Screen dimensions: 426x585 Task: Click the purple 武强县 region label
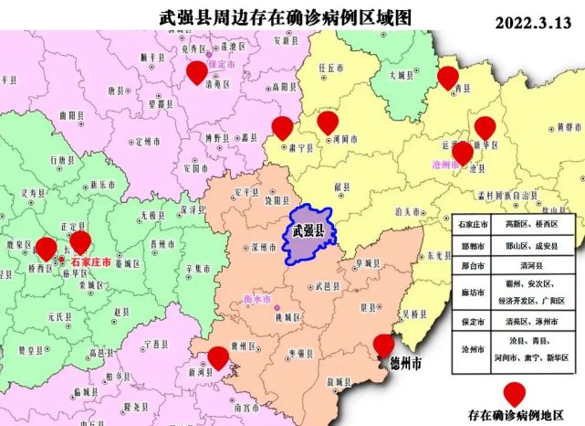click(308, 230)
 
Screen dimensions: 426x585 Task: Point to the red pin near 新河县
click(217, 357)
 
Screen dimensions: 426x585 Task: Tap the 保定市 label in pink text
click(222, 66)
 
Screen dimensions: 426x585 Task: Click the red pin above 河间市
click(328, 122)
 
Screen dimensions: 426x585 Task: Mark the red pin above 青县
click(446, 78)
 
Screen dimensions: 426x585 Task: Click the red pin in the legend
click(516, 393)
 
